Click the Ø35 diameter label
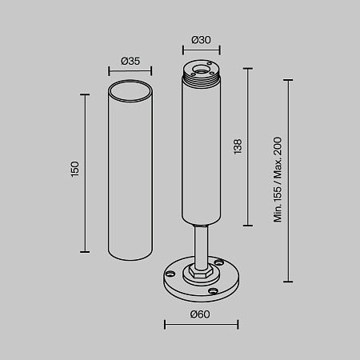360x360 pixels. point(130,61)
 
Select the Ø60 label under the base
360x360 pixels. point(200,314)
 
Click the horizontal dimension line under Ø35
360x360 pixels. point(130,71)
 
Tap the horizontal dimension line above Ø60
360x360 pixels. point(201,324)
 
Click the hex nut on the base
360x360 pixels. point(201,273)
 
